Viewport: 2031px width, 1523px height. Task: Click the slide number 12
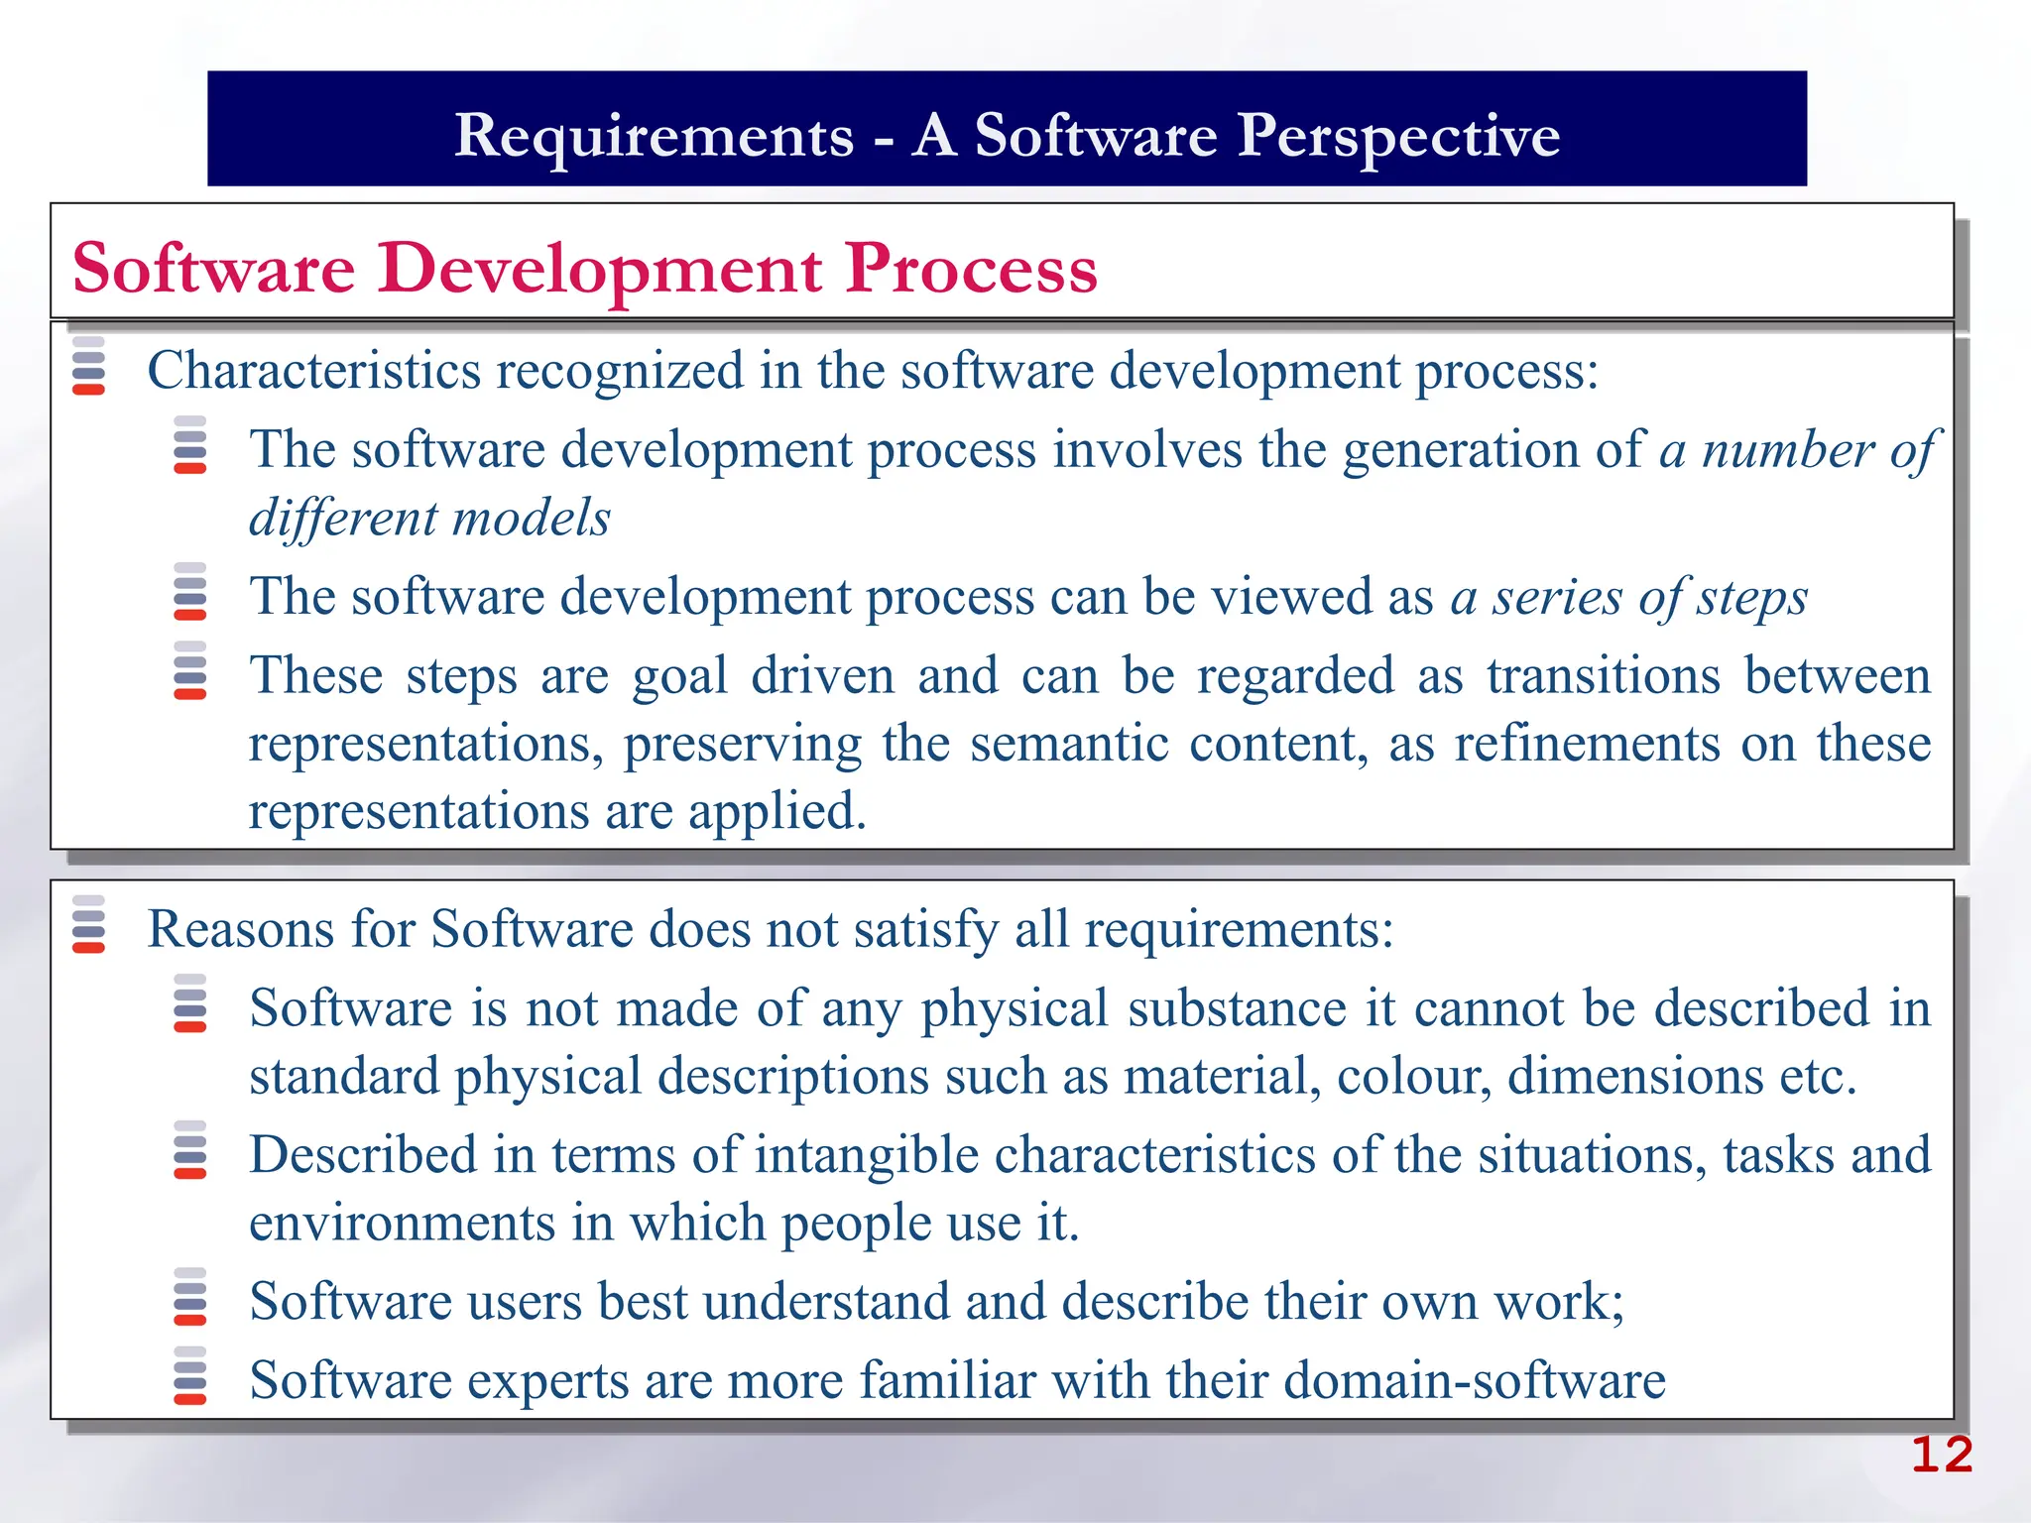pyautogui.click(x=1941, y=1456)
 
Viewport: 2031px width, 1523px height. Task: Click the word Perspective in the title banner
pyautogui.click(x=1398, y=136)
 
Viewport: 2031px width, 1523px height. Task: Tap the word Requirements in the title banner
pyautogui.click(x=654, y=136)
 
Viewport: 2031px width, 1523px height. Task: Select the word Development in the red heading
pyautogui.click(x=599, y=269)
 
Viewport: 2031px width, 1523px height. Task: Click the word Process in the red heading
pyautogui.click(x=971, y=269)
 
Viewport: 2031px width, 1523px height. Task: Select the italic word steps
pyautogui.click(x=1751, y=597)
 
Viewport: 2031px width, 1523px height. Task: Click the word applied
pyautogui.click(x=777, y=811)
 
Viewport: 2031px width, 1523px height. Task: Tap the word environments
pyautogui.click(x=402, y=1224)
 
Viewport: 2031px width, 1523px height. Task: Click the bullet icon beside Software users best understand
pyautogui.click(x=189, y=1297)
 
